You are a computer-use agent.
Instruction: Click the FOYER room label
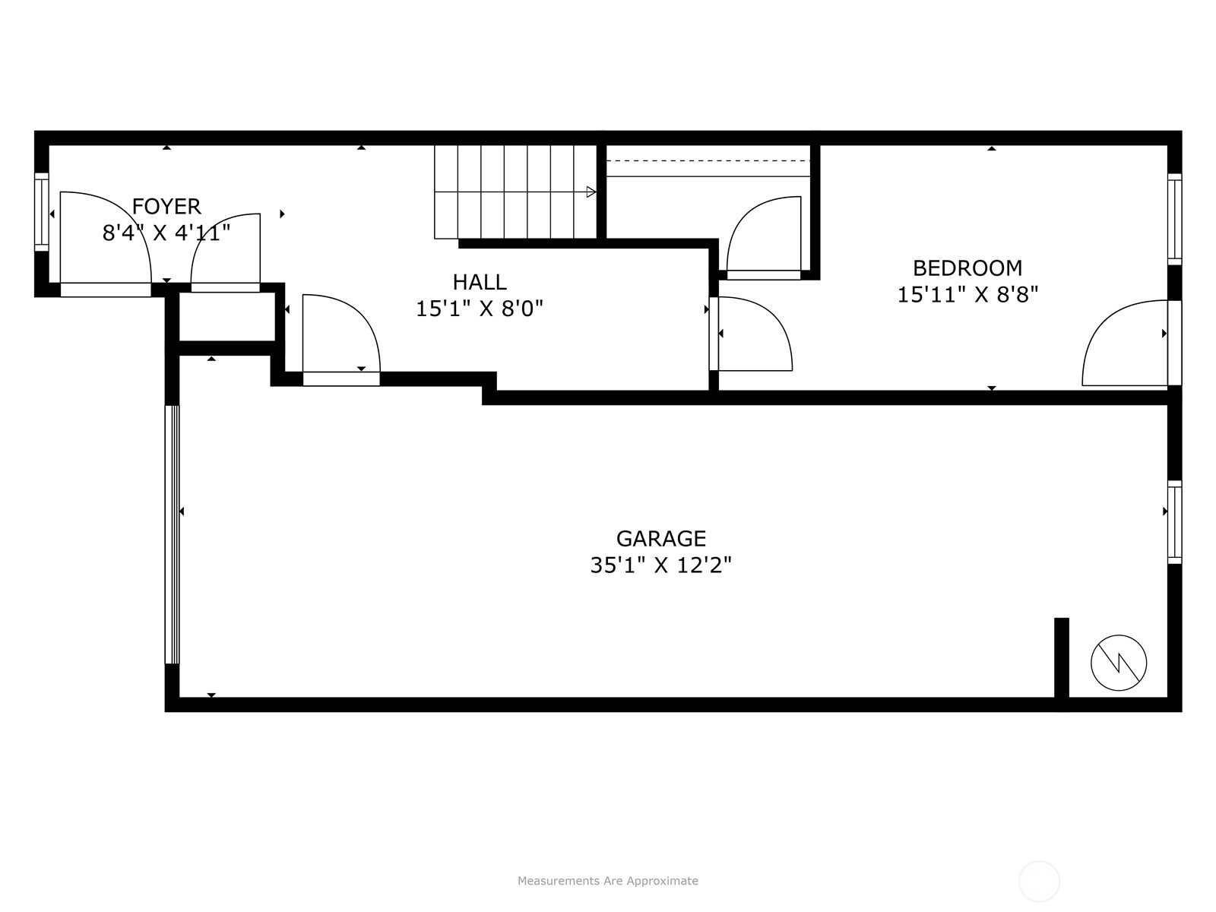[166, 206]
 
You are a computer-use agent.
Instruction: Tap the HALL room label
[480, 282]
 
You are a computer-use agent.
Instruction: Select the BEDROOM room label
[967, 268]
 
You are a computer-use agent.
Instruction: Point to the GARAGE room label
[661, 538]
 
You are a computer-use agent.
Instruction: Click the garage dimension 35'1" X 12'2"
[661, 565]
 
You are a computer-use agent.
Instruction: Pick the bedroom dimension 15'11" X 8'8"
[967, 294]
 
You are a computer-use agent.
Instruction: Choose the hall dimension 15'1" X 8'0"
[480, 309]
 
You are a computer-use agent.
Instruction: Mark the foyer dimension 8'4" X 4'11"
[166, 233]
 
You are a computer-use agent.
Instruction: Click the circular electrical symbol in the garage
[1119, 663]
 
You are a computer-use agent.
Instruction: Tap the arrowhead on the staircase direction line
[591, 192]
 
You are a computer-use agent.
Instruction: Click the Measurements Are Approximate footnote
[608, 881]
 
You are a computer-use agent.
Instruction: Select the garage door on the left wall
[173, 534]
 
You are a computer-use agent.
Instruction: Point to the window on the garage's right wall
[1175, 522]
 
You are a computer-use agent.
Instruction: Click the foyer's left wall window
[42, 211]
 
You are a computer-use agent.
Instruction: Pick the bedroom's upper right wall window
[1175, 219]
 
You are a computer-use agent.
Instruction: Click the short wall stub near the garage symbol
[1062, 657]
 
